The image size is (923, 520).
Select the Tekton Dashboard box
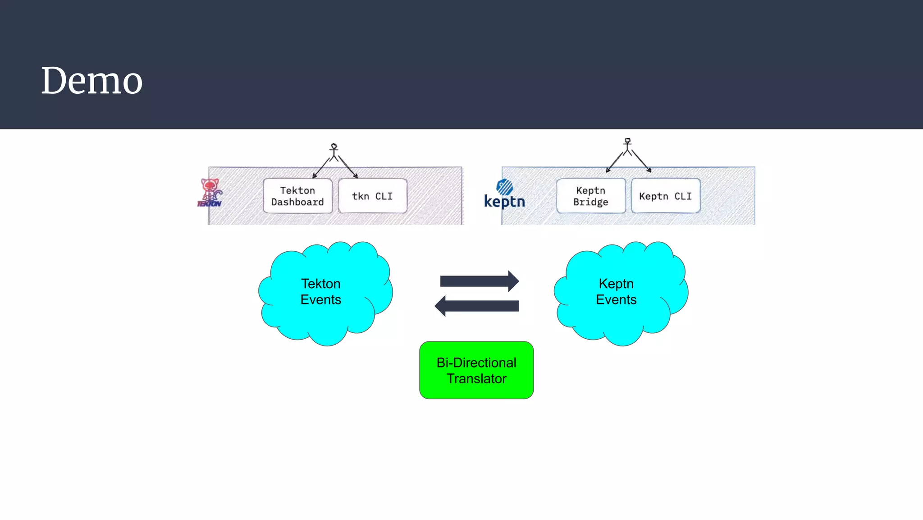pyautogui.click(x=297, y=196)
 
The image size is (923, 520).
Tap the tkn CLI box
pyautogui.click(x=372, y=196)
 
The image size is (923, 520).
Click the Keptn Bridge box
pyautogui.click(x=591, y=196)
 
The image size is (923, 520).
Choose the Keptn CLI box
pyautogui.click(x=665, y=196)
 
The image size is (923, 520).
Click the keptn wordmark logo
pyautogui.click(x=504, y=202)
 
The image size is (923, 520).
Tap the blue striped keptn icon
pyautogui.click(x=505, y=186)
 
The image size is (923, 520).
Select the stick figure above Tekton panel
pyautogui.click(x=334, y=152)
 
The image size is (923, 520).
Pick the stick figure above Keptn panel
pyautogui.click(x=627, y=147)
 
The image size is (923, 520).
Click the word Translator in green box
pyautogui.click(x=476, y=379)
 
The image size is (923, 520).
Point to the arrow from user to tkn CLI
pyautogui.click(x=348, y=167)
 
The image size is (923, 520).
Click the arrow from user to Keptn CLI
pyautogui.click(x=641, y=161)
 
